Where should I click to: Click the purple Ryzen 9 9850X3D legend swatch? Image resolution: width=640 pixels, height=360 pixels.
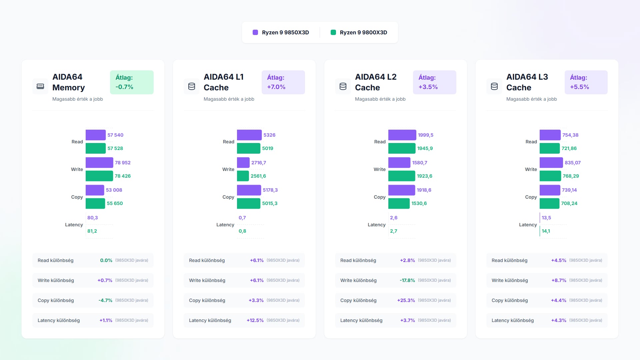coord(255,32)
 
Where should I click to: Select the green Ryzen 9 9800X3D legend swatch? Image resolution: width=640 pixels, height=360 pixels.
coord(333,32)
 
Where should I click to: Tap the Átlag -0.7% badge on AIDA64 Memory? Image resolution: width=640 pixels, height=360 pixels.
coord(132,82)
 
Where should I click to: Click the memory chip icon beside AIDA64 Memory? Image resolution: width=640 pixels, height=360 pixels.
coord(40,86)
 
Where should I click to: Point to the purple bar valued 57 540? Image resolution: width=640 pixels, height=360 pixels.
coord(96,135)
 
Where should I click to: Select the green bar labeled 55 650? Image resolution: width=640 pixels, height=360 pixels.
coord(95,203)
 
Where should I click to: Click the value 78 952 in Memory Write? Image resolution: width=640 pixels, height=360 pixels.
coord(123,163)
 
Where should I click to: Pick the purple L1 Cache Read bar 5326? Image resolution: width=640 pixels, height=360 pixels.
coord(249,135)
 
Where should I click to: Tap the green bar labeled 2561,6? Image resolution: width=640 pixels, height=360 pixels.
coord(243,176)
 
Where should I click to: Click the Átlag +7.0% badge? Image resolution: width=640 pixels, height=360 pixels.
coord(283,82)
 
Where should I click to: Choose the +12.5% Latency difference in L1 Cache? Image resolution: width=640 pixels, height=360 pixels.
coord(255,320)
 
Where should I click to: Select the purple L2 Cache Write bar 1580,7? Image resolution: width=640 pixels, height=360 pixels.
coord(399,163)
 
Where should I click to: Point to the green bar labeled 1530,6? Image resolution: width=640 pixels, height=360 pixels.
coord(399,203)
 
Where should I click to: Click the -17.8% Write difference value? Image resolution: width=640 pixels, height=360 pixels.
coord(407,280)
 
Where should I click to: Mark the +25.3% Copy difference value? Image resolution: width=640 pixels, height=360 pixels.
coord(406,300)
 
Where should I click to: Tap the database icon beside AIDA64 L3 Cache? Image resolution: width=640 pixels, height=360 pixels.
coord(494,86)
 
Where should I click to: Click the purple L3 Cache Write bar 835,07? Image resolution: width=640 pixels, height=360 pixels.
coord(551,163)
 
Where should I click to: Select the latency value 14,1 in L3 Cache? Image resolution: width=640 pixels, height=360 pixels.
coord(546,231)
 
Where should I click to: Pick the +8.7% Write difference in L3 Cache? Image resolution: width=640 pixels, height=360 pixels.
coord(559,280)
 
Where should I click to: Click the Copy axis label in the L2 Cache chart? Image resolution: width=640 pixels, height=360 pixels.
coord(380,197)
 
